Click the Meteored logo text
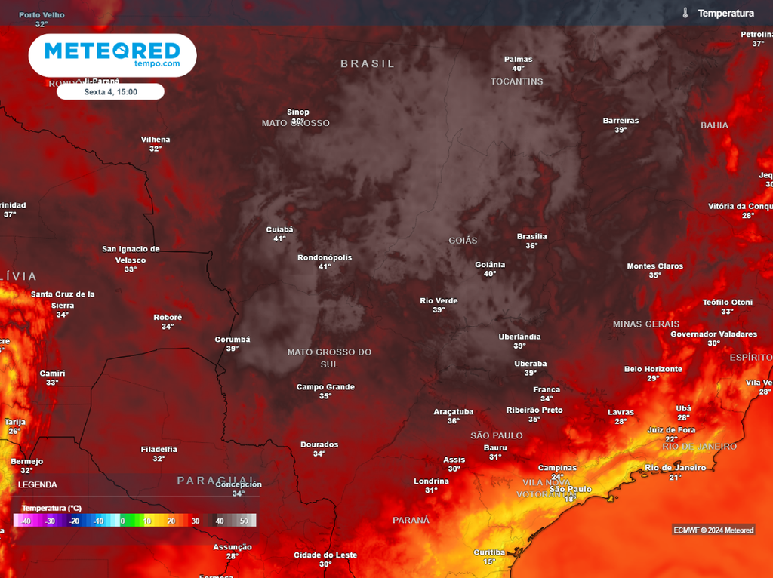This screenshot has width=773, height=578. coord(112,51)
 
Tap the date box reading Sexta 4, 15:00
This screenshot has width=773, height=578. coord(110,92)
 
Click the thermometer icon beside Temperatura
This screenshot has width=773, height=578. coord(685,14)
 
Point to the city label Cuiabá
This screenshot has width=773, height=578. coord(279,229)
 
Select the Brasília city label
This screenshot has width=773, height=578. coord(531,236)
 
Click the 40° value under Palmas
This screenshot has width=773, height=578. coord(518,69)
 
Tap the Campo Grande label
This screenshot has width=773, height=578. coord(325,387)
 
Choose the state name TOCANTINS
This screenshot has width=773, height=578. coord(517,81)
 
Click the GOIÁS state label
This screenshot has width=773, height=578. coord(463,241)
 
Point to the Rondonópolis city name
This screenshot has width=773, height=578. coord(325,257)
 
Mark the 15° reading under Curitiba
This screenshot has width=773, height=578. coord(489,561)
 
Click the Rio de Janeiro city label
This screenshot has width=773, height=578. coord(675,468)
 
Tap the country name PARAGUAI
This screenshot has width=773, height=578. coord(216,481)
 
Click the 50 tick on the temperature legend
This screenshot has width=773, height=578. coord(244,521)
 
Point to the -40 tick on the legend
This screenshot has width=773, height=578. coord(26,521)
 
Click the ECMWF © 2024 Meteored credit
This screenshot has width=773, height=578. coord(713,530)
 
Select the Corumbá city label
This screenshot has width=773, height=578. coord(233,340)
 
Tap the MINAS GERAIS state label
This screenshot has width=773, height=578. coord(647,324)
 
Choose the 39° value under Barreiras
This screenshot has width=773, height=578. coord(621,130)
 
